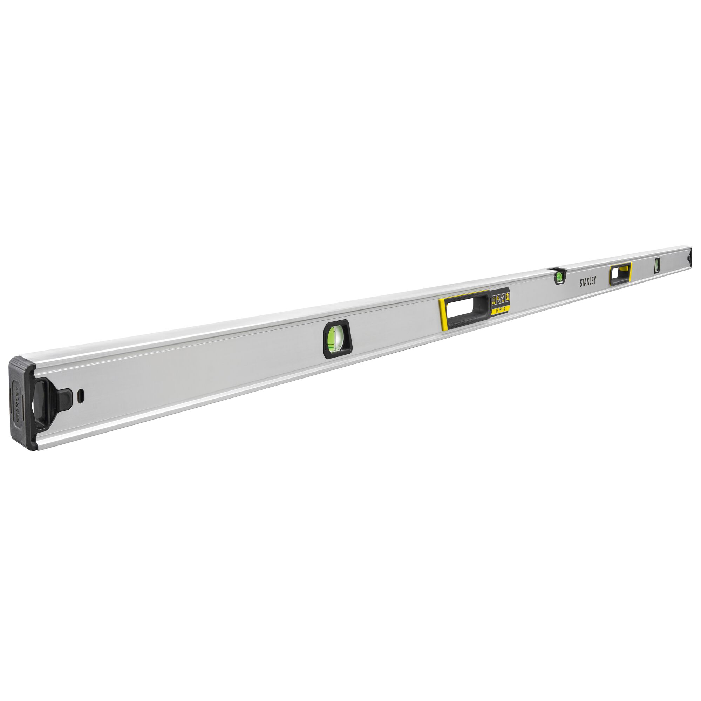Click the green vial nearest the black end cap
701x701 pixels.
336,339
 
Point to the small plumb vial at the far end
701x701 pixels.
657,265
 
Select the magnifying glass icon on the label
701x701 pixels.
507,297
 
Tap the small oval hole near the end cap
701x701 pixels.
81,395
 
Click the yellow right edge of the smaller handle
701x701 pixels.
631,271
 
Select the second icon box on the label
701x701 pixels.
498,299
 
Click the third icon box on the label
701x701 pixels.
503,298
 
